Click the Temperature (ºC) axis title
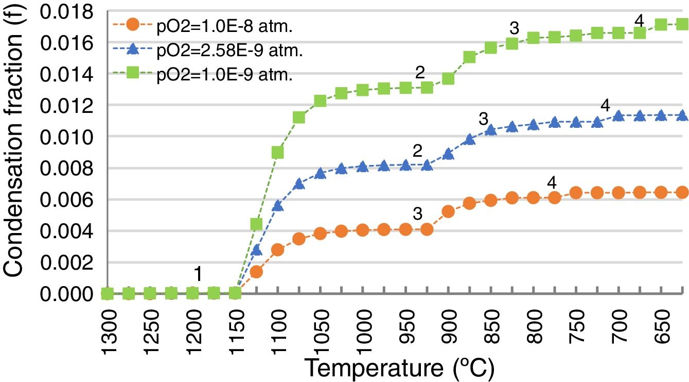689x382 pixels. (399, 369)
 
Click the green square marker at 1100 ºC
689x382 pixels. (277, 153)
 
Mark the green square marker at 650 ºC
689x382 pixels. (662, 24)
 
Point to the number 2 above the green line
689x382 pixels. (420, 73)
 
